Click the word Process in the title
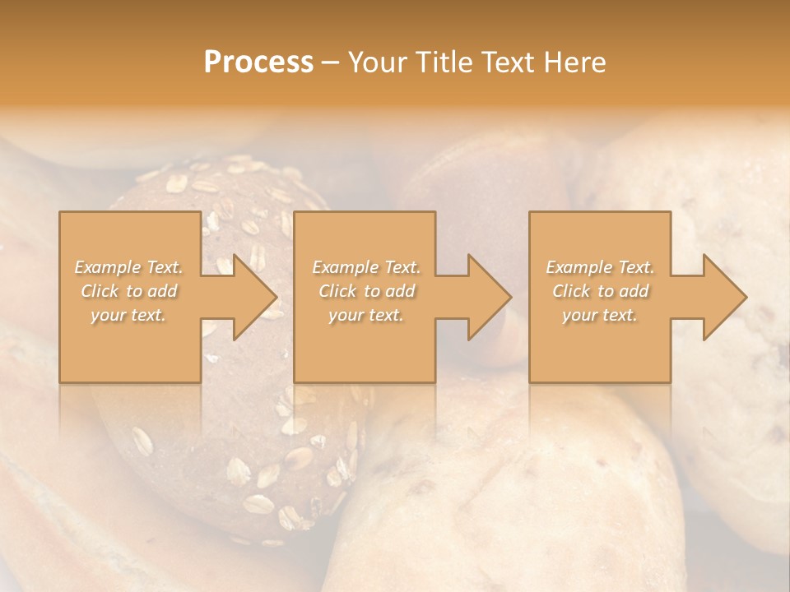tap(258, 62)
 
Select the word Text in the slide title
tap(508, 62)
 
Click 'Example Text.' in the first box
tap(129, 267)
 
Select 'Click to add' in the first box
tap(129, 291)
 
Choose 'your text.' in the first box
tap(129, 315)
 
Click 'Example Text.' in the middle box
tap(366, 267)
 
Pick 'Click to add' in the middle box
tap(366, 291)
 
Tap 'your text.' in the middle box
tap(366, 315)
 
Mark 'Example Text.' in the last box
tap(600, 267)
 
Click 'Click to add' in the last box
tap(600, 291)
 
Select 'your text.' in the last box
tap(600, 315)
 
